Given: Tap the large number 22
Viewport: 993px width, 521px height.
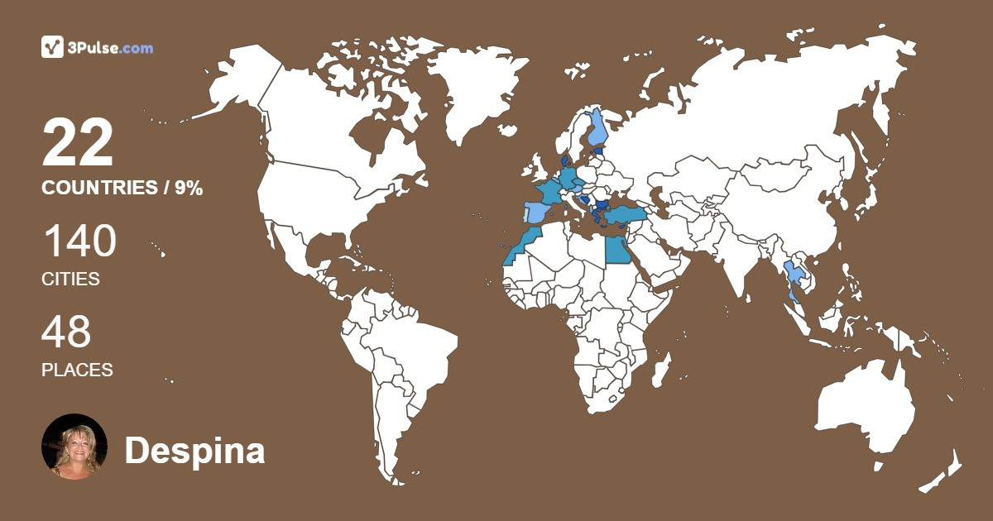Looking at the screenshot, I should pyautogui.click(x=78, y=143).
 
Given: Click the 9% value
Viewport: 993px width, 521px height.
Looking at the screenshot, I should pyautogui.click(x=188, y=188).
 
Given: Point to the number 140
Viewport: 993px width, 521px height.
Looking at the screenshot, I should pyautogui.click(x=79, y=241).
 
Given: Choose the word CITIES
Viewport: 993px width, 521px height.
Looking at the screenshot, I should pyautogui.click(x=70, y=280).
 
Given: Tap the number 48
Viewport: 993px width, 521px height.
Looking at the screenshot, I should pyautogui.click(x=66, y=332).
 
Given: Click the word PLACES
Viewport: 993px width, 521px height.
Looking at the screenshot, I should pyautogui.click(x=77, y=370).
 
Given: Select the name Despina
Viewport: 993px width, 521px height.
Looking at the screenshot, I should pyautogui.click(x=194, y=451).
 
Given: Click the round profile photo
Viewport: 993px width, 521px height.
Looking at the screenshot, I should pyautogui.click(x=74, y=447).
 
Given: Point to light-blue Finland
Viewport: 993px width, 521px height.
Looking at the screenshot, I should pyautogui.click(x=598, y=128).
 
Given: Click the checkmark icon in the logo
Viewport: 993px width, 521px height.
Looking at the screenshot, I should pyautogui.click(x=53, y=48).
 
